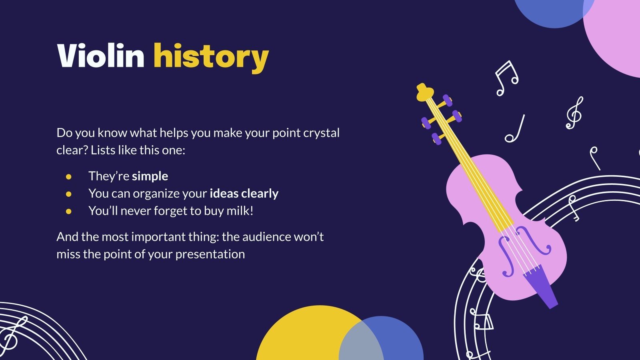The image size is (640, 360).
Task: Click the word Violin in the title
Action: coord(100,56)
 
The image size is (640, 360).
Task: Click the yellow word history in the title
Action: coord(211,57)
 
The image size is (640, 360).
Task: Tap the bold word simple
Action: coord(150,176)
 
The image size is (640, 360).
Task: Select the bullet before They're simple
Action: coord(69,176)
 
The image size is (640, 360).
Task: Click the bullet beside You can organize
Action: coord(69,194)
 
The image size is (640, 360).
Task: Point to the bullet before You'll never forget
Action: coord(69,211)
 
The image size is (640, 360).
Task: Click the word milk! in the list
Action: coord(240,211)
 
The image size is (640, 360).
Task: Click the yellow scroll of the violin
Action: coord(424,92)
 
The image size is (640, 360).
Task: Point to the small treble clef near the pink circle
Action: coord(574,113)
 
